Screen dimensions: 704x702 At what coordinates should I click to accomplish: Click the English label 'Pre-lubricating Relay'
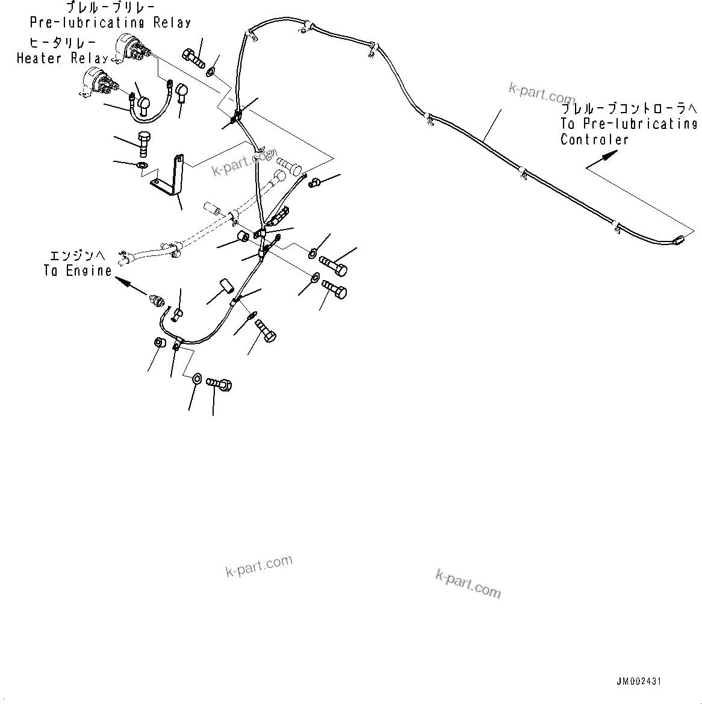coord(110,23)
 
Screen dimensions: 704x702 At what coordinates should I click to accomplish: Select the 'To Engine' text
coord(78,271)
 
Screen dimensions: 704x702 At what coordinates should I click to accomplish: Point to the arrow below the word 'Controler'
coord(603,160)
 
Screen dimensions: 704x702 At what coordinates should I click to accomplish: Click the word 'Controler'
coord(594,140)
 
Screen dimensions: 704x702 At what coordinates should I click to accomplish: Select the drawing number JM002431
coord(639,681)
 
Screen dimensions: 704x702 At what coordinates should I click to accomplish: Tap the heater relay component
coord(98,82)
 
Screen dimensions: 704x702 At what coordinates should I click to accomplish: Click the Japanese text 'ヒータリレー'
coord(55,43)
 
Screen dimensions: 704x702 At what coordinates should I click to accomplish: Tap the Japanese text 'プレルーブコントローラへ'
coord(629,108)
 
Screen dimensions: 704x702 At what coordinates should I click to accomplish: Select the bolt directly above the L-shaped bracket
coord(144,142)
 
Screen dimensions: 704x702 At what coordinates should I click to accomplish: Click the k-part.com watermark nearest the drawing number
coord(468,584)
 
